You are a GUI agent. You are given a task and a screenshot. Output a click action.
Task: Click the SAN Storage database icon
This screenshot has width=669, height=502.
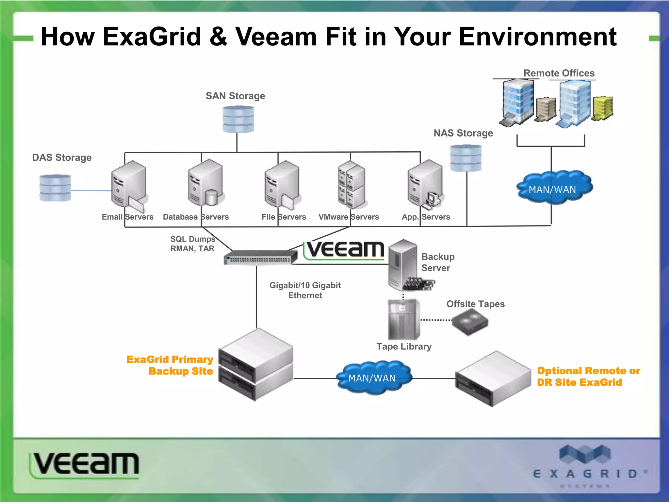238,119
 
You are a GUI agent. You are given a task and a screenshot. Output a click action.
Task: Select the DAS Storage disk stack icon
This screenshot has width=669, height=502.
55,188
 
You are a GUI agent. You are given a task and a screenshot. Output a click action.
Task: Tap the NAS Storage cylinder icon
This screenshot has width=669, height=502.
465,158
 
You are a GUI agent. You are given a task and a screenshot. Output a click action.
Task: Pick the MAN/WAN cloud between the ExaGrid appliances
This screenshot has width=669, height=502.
374,377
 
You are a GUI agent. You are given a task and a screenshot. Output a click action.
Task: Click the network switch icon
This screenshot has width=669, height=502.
260,257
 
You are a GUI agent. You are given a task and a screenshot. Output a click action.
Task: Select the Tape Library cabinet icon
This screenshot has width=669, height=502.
404,320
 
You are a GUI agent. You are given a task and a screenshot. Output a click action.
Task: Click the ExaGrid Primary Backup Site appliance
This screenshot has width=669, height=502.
256,364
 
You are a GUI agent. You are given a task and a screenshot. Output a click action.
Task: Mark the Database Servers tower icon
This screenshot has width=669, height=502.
206,183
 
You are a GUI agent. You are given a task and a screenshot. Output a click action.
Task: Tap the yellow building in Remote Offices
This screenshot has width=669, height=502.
603,108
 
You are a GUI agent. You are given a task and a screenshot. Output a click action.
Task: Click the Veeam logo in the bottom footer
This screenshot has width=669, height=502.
85,464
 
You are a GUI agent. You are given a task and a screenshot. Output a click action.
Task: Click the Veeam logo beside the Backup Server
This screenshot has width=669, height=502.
345,250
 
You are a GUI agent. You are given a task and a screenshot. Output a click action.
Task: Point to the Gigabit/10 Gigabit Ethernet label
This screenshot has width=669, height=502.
305,290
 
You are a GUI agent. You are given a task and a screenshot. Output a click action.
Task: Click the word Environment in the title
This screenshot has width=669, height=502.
537,37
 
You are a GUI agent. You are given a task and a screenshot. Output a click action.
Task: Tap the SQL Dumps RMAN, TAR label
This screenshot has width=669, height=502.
192,244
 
